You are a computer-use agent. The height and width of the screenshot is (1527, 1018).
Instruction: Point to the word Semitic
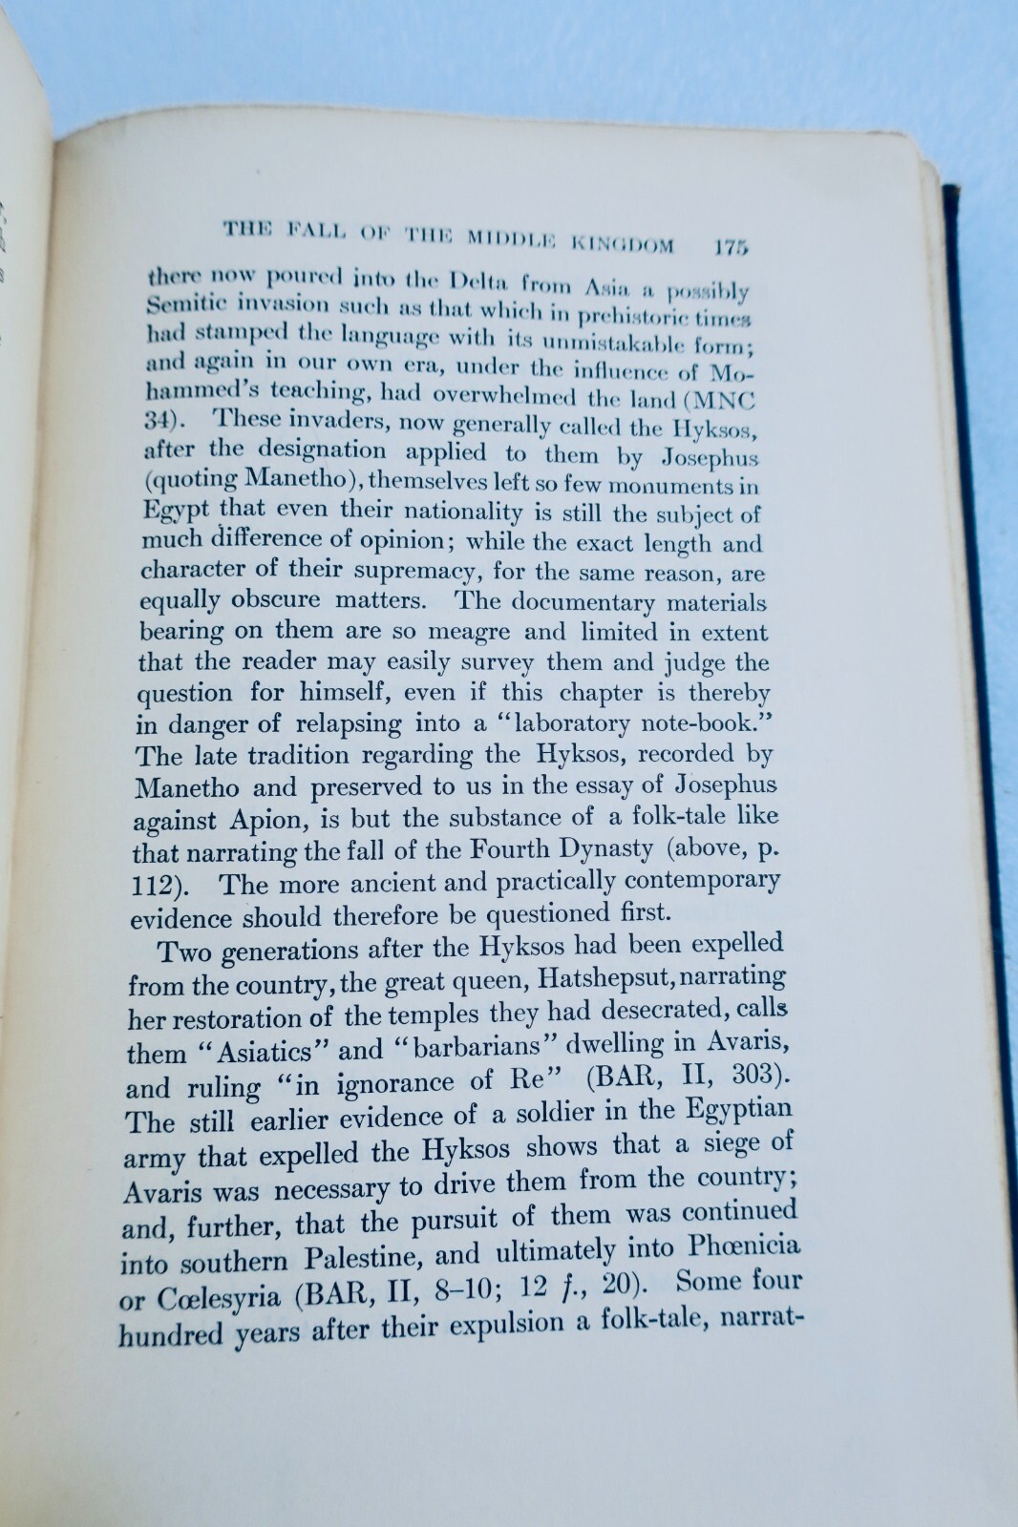[x=188, y=304]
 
